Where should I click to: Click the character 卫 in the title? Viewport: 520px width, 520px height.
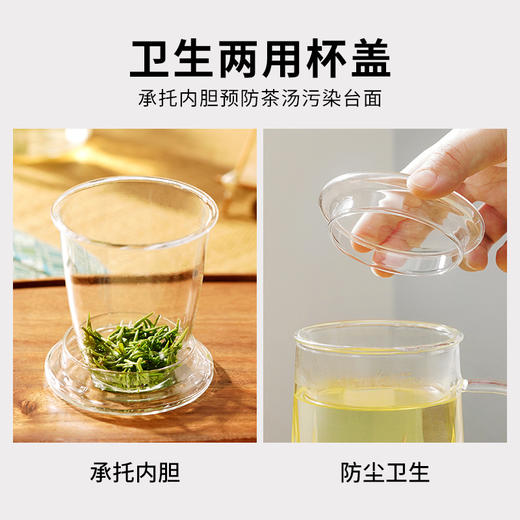tap(151, 58)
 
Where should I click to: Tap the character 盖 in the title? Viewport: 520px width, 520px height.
tap(368, 58)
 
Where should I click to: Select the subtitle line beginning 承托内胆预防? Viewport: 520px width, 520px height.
tap(260, 100)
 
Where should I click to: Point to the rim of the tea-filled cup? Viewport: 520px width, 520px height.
tap(380, 330)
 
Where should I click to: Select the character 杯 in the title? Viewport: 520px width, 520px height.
tap(325, 58)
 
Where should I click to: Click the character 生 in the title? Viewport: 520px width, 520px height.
tap(195, 58)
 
